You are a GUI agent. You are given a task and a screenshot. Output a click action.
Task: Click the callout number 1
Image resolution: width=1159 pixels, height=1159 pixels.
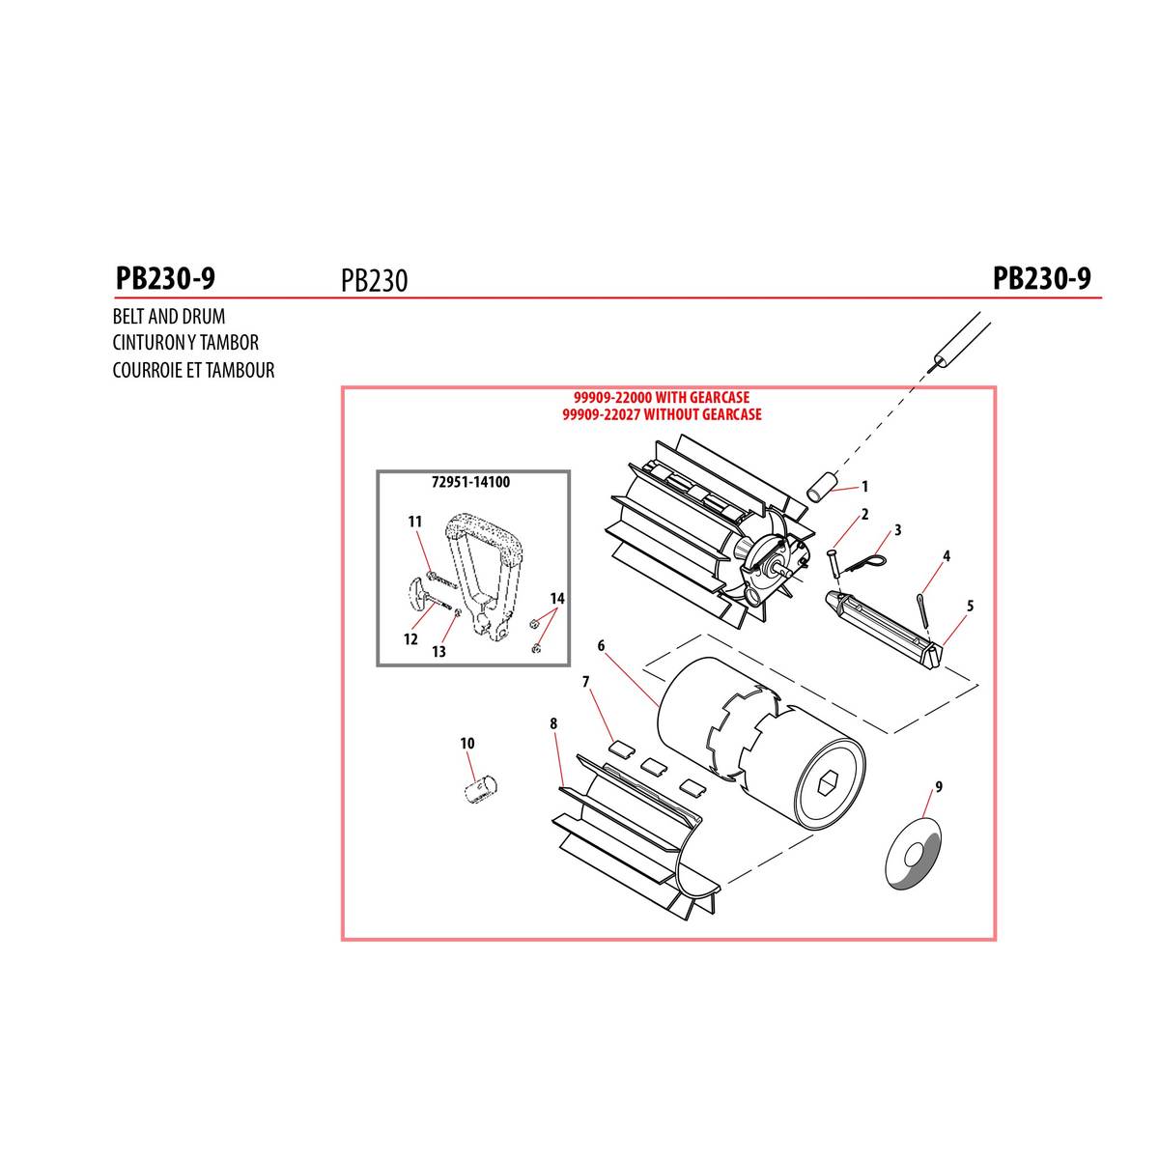pyautogui.click(x=864, y=486)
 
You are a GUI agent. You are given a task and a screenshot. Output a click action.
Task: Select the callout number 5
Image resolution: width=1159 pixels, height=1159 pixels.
pyautogui.click(x=970, y=606)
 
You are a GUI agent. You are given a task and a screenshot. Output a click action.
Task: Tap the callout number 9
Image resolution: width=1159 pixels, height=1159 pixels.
pyautogui.click(x=939, y=786)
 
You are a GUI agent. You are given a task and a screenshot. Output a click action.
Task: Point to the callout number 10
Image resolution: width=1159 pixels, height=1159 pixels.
pyautogui.click(x=467, y=744)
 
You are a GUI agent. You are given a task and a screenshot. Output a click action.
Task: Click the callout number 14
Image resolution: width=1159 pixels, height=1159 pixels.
pyautogui.click(x=557, y=598)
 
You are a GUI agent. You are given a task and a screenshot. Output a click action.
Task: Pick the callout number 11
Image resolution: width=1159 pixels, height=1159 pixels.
pyautogui.click(x=415, y=522)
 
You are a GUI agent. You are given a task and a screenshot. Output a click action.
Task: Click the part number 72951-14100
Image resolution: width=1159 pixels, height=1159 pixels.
pyautogui.click(x=471, y=482)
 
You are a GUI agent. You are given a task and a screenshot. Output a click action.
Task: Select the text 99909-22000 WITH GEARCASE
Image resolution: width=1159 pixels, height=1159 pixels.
pyautogui.click(x=662, y=397)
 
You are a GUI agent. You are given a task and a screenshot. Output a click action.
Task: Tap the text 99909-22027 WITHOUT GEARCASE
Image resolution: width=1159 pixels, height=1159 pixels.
pyautogui.click(x=662, y=413)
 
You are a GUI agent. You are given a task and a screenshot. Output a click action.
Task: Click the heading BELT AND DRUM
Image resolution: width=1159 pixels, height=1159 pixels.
pyautogui.click(x=169, y=317)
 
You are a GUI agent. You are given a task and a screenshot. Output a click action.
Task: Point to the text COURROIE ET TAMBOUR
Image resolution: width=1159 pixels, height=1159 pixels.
pyautogui.click(x=194, y=369)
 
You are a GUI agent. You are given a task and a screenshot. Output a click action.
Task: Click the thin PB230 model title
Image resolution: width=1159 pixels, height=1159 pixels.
pyautogui.click(x=374, y=280)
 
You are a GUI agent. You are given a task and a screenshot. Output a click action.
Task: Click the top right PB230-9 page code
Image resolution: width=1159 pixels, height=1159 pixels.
pyautogui.click(x=1042, y=278)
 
